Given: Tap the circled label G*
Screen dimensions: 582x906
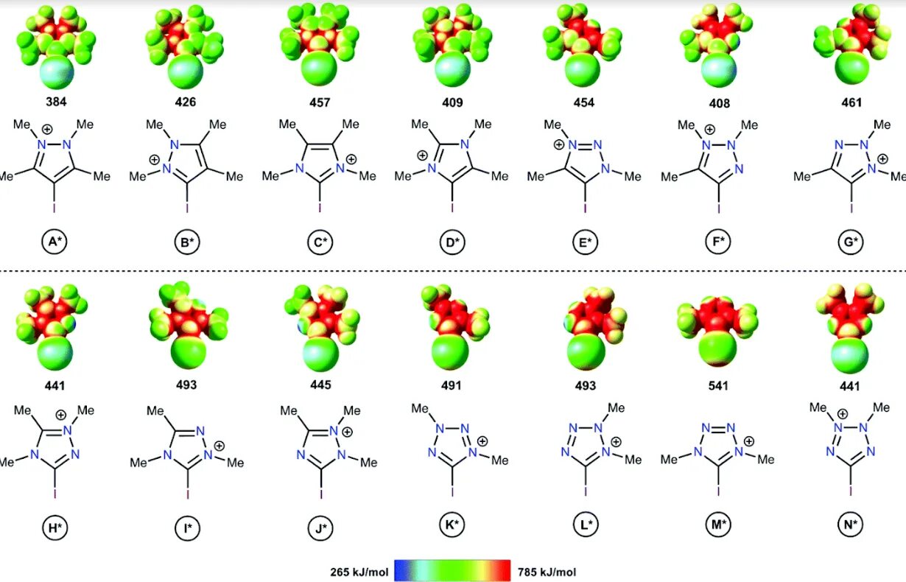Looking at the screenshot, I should point(851,241).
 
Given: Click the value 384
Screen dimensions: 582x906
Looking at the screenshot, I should point(56,102).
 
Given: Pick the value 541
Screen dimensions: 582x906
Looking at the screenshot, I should point(718,385).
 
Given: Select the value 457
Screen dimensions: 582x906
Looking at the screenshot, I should point(320,102).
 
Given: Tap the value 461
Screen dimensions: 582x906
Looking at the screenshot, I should point(851,102).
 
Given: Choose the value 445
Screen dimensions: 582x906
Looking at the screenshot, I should point(320,385).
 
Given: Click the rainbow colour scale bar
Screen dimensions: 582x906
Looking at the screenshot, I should point(452,571).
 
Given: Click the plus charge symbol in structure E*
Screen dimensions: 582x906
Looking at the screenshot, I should point(559,145).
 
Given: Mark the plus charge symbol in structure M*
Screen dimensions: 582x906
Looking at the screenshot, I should point(748,441).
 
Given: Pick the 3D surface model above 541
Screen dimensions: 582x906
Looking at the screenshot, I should point(718,332).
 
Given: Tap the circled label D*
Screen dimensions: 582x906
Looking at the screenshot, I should point(452,241).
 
